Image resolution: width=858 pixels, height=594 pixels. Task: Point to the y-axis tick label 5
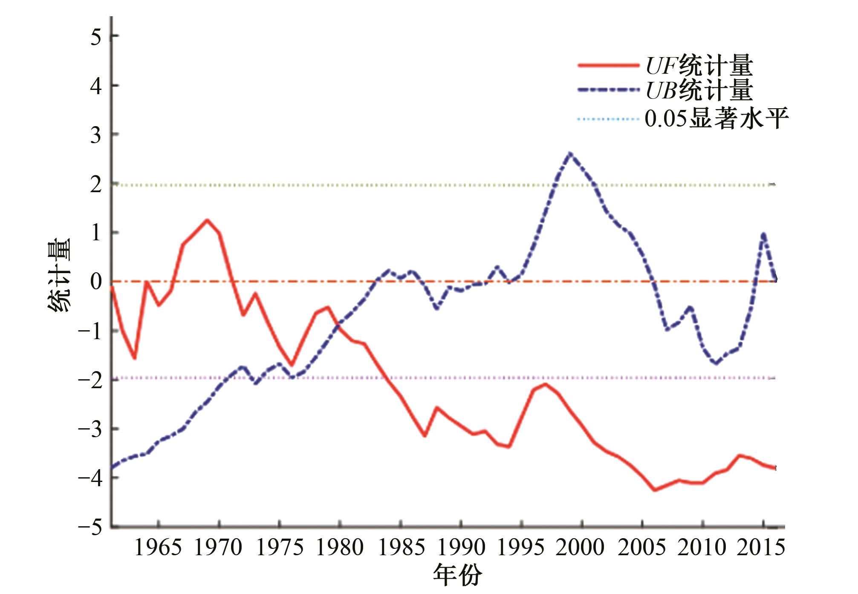(x=96, y=37)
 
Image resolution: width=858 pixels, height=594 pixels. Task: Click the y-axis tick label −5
(x=90, y=528)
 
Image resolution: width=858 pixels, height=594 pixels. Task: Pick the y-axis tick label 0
(x=96, y=282)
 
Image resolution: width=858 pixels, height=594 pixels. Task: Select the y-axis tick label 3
(x=96, y=136)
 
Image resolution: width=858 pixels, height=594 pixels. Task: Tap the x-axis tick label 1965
(x=158, y=548)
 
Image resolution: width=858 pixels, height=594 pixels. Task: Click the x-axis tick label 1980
(x=340, y=548)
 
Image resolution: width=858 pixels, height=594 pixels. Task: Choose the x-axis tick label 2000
(x=581, y=548)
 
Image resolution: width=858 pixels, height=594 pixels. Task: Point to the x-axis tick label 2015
(x=761, y=548)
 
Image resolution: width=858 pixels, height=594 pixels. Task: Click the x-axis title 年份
(x=457, y=575)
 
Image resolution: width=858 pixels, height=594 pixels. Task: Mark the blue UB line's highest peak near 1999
(x=570, y=153)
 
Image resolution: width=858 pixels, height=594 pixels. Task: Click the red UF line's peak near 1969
(x=207, y=220)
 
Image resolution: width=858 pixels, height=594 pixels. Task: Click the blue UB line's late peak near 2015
(x=763, y=234)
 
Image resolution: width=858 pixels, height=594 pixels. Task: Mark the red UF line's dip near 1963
(x=134, y=358)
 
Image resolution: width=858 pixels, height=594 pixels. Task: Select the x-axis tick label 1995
(x=521, y=548)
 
